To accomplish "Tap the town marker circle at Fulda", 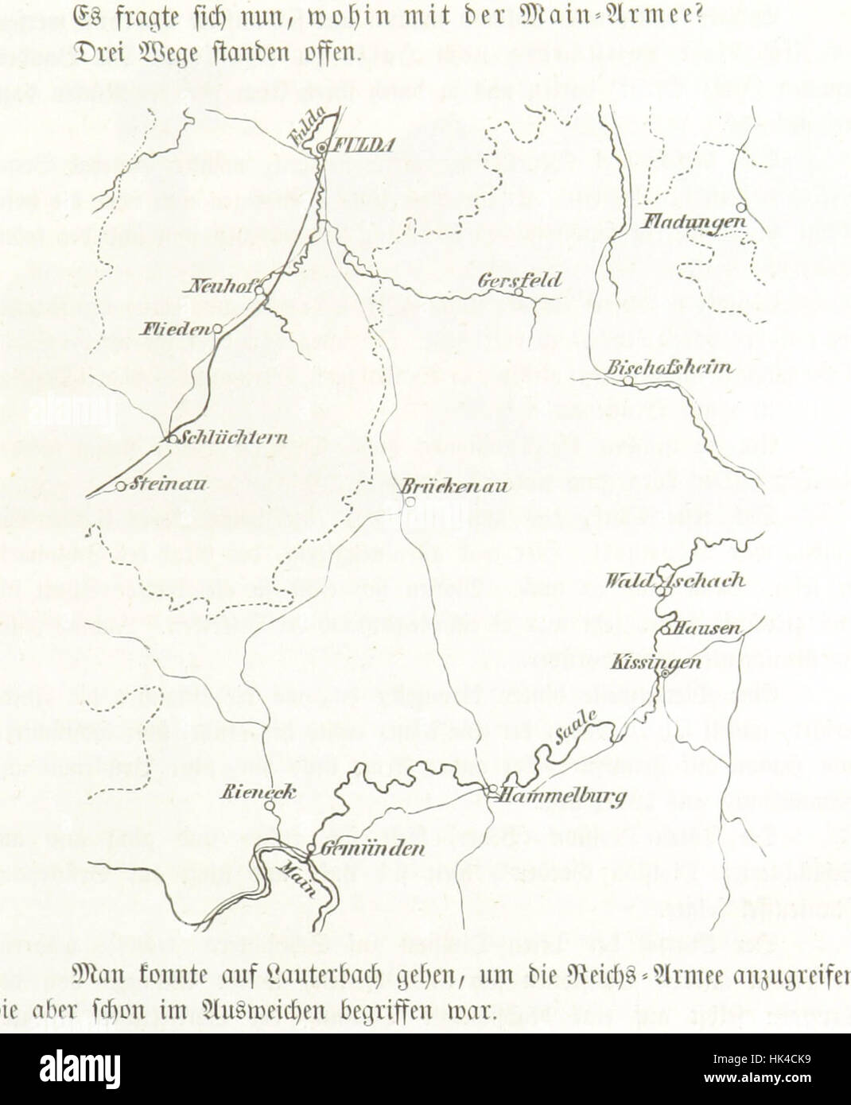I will pyautogui.click(x=321, y=148).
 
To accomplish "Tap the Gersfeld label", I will pyautogui.click(x=521, y=279).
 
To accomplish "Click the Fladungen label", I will pyautogui.click(x=692, y=223).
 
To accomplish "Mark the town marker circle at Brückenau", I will pyautogui.click(x=410, y=502).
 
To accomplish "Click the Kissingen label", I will pyautogui.click(x=656, y=661).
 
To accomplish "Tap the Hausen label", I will pyautogui.click(x=707, y=627).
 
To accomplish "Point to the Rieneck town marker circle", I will pyautogui.click(x=269, y=806).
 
